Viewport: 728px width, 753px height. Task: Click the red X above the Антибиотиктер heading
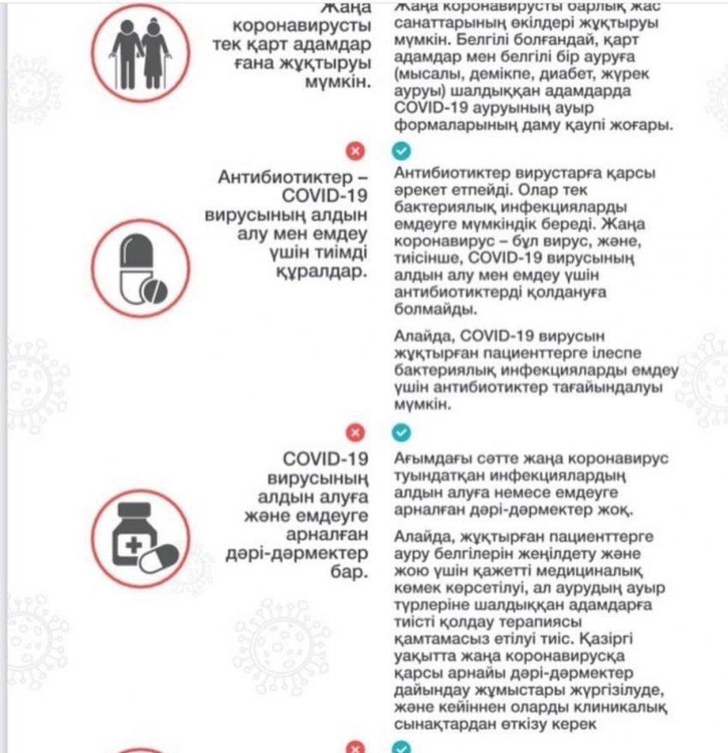[x=355, y=152]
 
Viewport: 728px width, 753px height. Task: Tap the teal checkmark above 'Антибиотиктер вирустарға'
[x=401, y=152]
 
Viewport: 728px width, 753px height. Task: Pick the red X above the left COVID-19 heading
[x=355, y=433]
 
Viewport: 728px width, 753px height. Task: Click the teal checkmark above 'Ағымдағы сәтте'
[x=401, y=433]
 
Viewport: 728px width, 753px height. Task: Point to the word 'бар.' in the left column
[x=349, y=571]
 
